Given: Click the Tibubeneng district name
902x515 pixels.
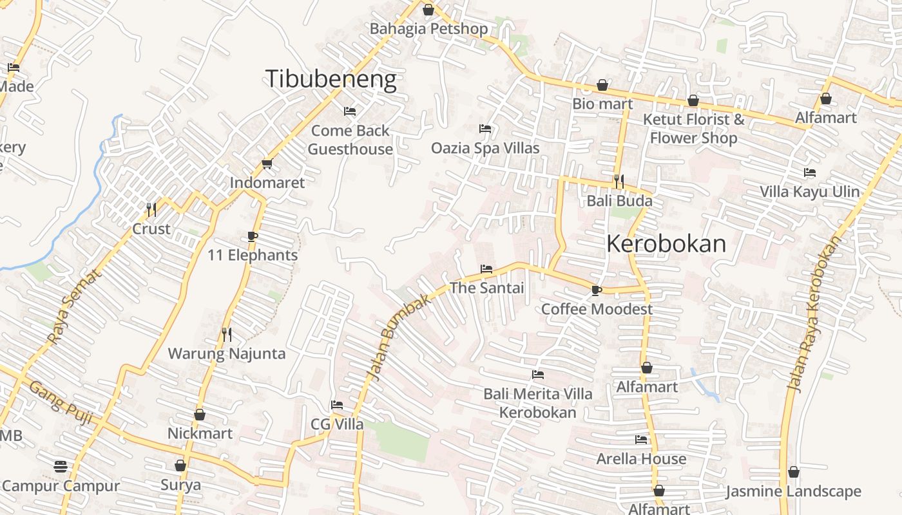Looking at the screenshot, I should click(331, 79).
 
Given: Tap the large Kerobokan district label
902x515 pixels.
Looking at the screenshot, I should click(666, 244).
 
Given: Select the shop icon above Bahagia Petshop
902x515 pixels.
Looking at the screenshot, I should click(428, 10).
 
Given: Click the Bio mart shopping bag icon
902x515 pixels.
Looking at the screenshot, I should click(602, 85).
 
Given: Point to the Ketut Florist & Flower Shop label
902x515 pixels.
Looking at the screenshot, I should click(693, 129).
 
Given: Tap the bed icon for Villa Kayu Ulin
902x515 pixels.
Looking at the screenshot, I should click(810, 173).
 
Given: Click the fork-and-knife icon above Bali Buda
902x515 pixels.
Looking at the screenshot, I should click(619, 182).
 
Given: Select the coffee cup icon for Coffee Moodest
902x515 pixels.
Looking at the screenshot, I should click(597, 290).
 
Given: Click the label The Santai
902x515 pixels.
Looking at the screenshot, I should click(486, 288).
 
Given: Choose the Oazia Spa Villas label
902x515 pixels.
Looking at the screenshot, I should click(485, 148).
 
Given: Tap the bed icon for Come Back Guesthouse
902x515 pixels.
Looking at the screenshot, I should click(350, 111).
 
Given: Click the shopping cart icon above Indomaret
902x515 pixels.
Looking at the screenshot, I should click(267, 164).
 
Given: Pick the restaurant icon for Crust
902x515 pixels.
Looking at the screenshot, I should click(151, 209).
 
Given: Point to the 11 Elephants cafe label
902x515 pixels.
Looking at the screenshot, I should click(253, 255).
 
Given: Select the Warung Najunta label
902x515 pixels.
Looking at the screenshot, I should click(227, 353).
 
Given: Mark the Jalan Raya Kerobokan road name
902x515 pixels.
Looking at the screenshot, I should click(814, 314).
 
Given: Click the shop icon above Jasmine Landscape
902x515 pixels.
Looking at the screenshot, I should click(794, 472).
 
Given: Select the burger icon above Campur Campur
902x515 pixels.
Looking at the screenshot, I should click(61, 466).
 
